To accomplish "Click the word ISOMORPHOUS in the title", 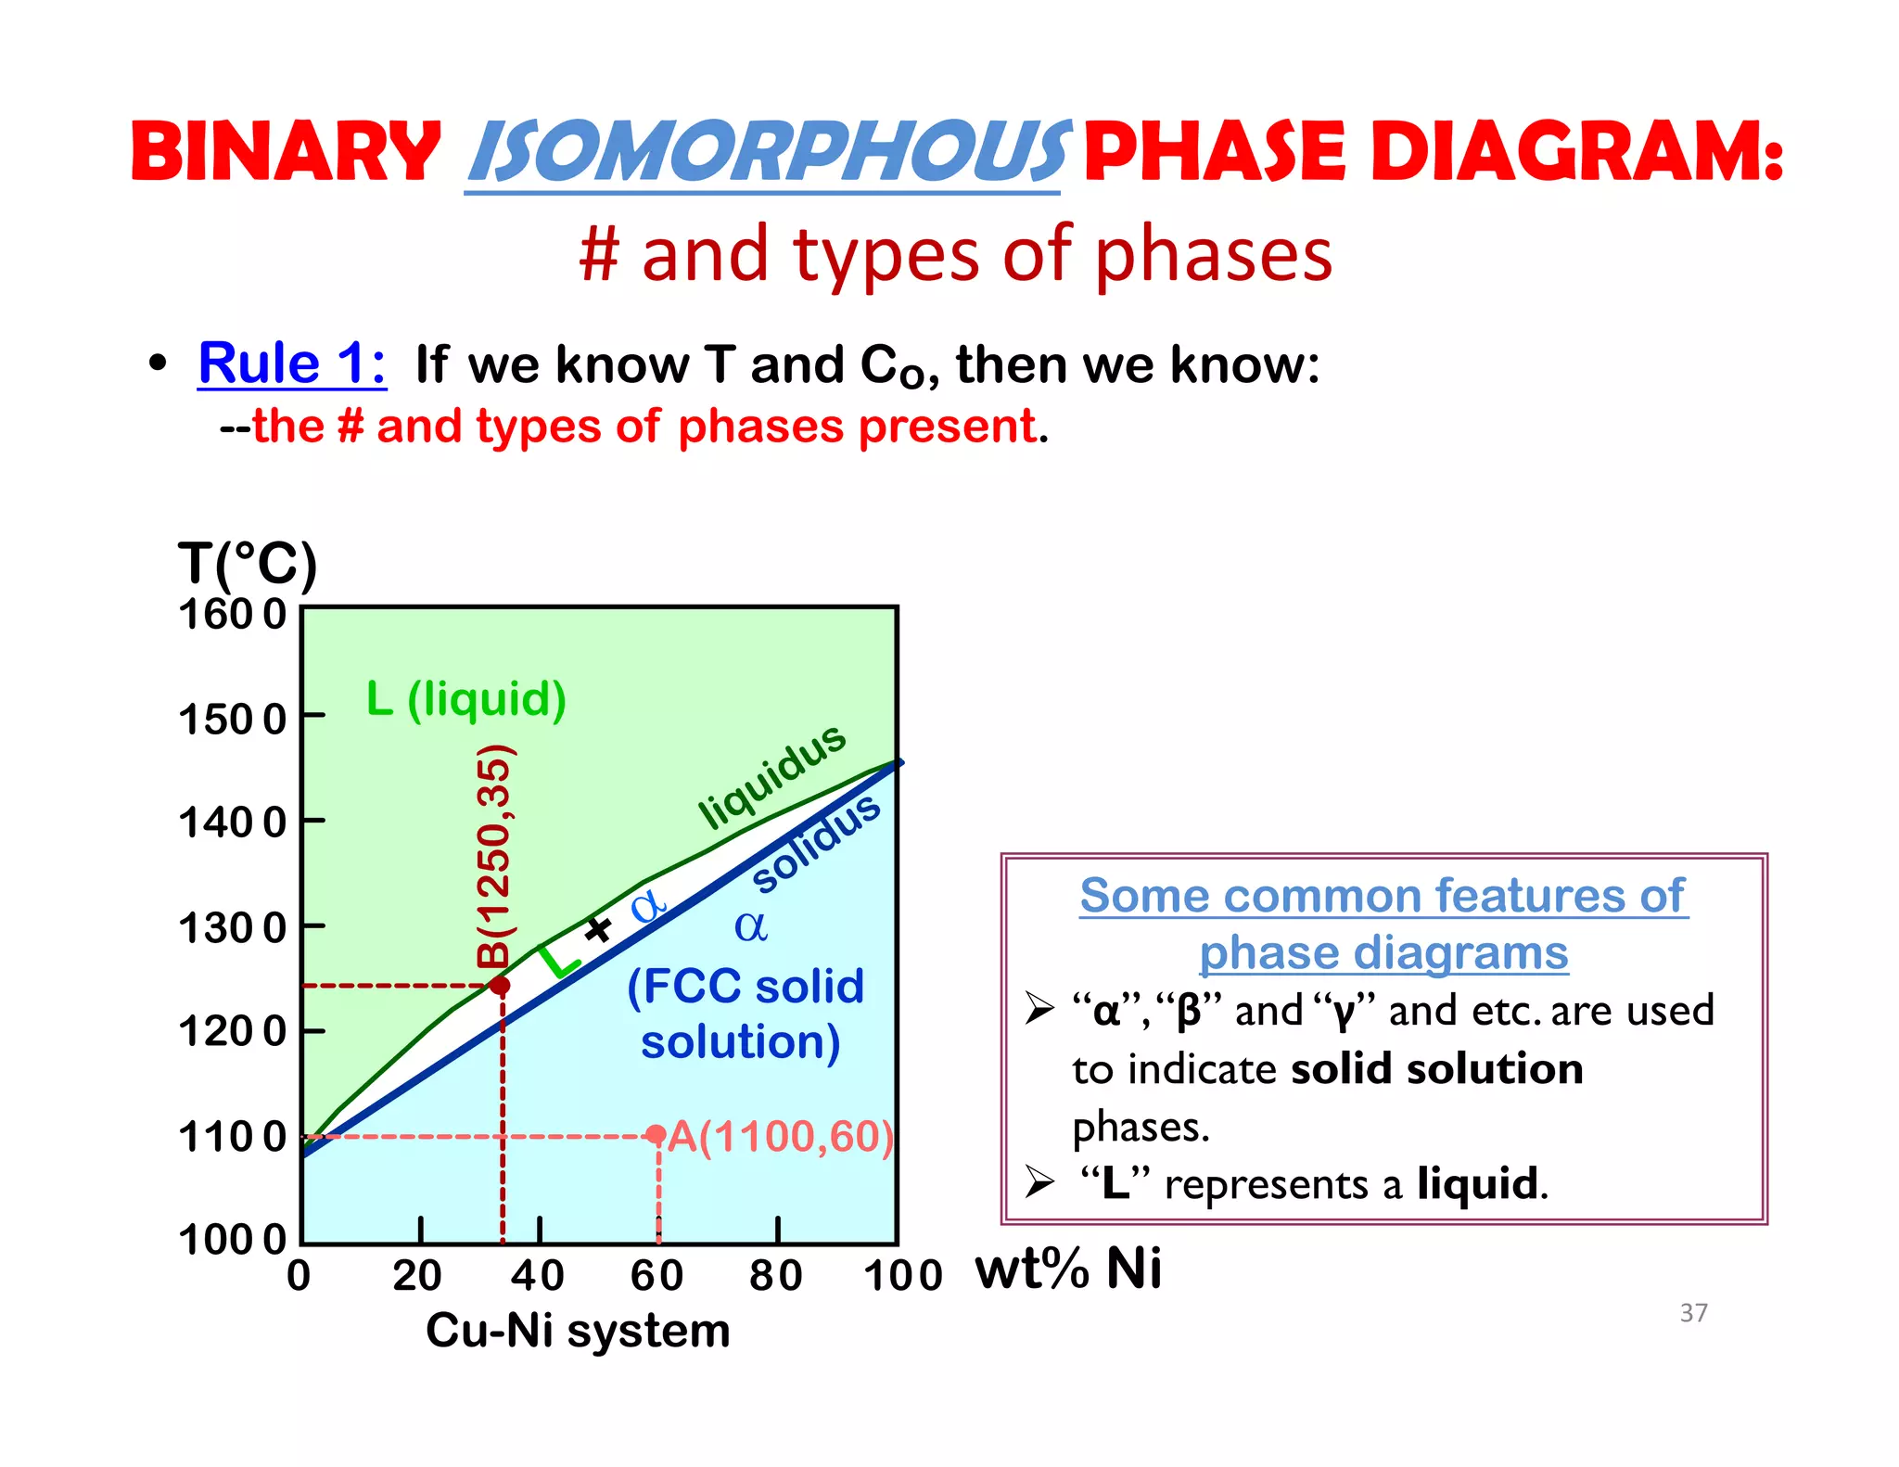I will click(x=768, y=152).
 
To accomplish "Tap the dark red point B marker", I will click(x=500, y=985).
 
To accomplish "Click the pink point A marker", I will click(x=656, y=1135).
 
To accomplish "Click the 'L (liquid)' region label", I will click(x=465, y=698).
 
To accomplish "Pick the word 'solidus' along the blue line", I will click(x=816, y=844).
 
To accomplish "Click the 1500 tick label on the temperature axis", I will click(x=232, y=719).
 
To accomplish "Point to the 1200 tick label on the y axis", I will click(x=232, y=1030).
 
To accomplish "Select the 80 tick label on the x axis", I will click(x=776, y=1275).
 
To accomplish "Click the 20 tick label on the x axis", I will click(x=417, y=1275).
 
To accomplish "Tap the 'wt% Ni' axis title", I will click(x=1068, y=1269).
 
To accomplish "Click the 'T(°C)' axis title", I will click(x=248, y=564).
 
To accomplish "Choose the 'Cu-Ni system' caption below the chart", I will click(x=578, y=1331).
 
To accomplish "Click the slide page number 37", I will click(x=1693, y=1312).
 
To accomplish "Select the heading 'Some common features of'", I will click(x=1383, y=896).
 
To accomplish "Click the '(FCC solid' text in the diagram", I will click(x=746, y=986).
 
